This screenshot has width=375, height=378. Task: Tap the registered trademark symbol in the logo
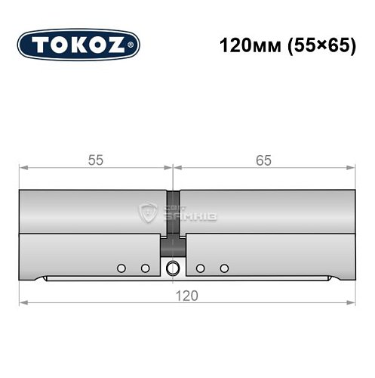pos(134,46)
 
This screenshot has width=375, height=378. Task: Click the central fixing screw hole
pos(174,268)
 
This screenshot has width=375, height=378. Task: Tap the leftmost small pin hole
pos(121,268)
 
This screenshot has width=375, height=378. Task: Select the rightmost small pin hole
pos(224,268)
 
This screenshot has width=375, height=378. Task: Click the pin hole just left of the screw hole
pos(145,268)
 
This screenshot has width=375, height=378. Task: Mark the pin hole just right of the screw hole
pos(200,268)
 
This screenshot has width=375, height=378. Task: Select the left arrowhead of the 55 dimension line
pos(23,168)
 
